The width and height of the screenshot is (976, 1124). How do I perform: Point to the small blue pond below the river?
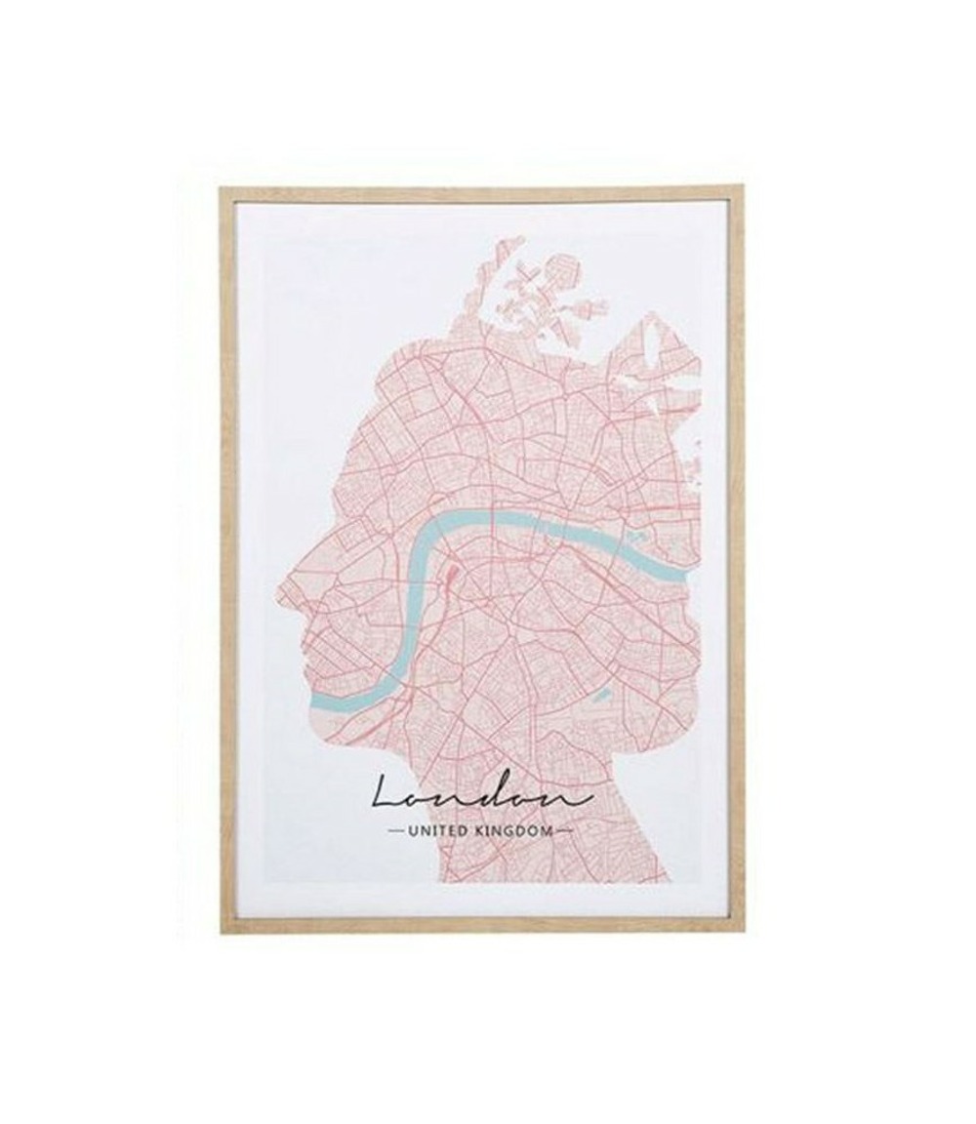coord(601,696)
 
